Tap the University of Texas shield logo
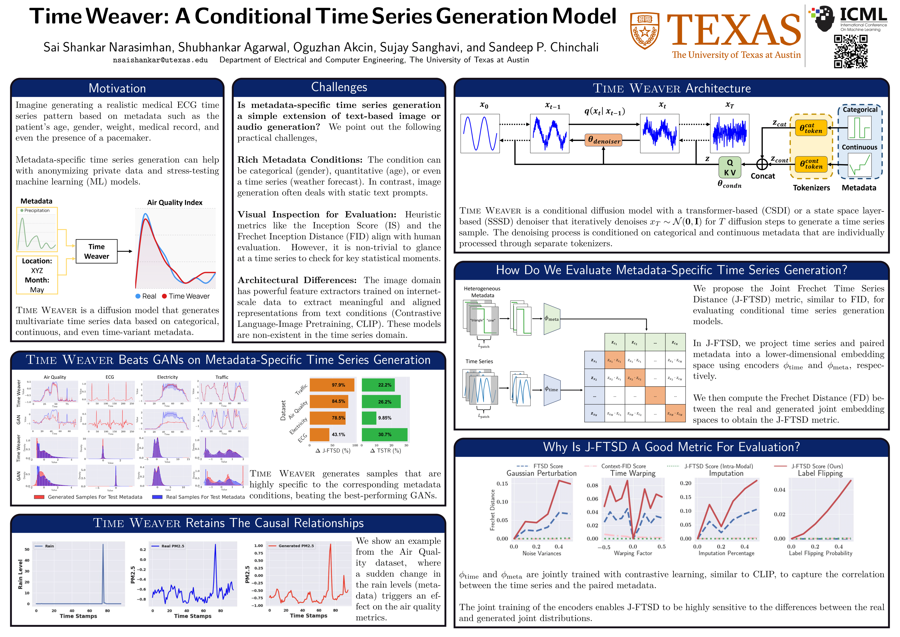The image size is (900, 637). [x=644, y=30]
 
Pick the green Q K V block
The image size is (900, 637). [x=730, y=167]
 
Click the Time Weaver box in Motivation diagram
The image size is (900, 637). [x=96, y=251]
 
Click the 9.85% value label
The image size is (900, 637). [x=384, y=418]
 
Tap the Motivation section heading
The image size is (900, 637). [x=117, y=88]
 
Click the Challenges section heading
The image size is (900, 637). [x=339, y=87]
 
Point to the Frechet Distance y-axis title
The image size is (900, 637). [x=492, y=510]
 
